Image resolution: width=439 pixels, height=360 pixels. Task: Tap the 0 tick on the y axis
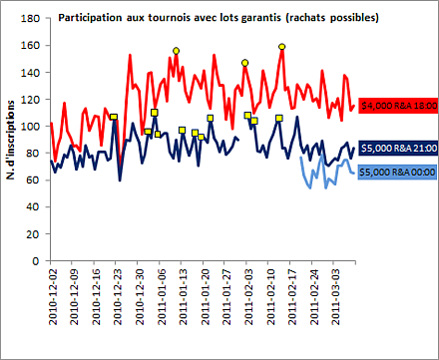[37, 260]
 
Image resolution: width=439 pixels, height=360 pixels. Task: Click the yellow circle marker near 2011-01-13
[176, 51]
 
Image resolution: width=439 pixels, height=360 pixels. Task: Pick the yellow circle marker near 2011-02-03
[244, 63]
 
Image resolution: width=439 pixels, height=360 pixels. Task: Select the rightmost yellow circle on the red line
[282, 47]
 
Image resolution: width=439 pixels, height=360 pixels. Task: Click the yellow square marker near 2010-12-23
[114, 117]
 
